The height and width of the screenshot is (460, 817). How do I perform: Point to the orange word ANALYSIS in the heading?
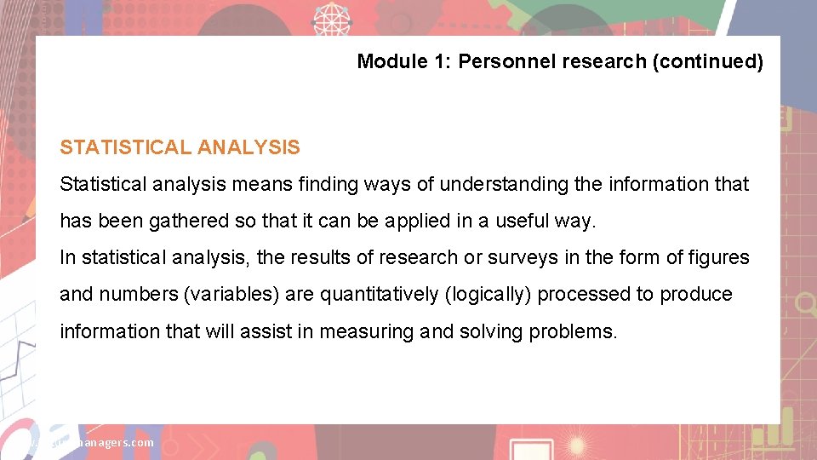click(x=249, y=147)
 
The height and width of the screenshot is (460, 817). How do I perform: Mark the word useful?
click(x=516, y=221)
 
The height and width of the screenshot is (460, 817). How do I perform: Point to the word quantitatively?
click(x=379, y=294)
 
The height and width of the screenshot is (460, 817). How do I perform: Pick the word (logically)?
click(x=488, y=294)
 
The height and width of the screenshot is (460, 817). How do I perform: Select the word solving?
click(x=491, y=331)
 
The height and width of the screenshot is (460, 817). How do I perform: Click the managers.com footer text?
click(x=111, y=442)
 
